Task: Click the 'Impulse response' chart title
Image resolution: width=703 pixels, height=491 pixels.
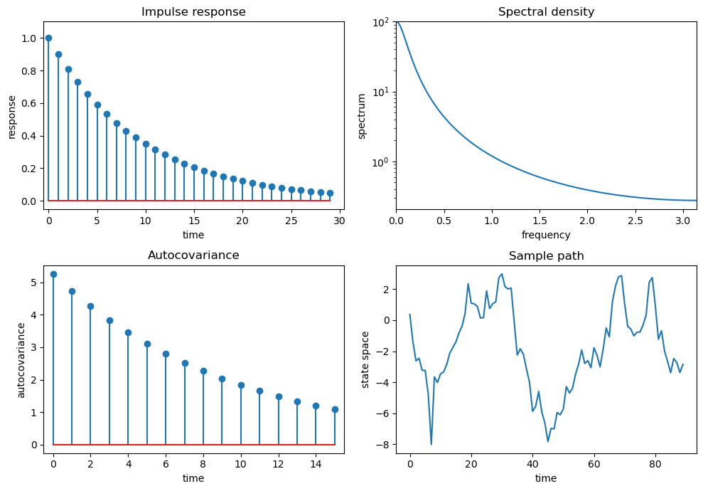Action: pyautogui.click(x=193, y=12)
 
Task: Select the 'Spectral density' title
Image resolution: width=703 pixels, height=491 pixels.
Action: pyautogui.click(x=546, y=12)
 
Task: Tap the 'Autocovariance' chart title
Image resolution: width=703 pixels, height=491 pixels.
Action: pyautogui.click(x=193, y=255)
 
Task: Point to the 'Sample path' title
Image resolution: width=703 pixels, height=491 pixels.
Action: pyautogui.click(x=546, y=256)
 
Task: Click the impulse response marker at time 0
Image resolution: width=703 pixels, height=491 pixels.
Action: pyautogui.click(x=48, y=38)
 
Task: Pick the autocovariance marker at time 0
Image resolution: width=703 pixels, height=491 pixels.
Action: pyautogui.click(x=53, y=274)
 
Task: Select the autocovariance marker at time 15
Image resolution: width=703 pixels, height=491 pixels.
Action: pyautogui.click(x=335, y=409)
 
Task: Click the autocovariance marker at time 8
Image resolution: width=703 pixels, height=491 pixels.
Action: pyautogui.click(x=203, y=371)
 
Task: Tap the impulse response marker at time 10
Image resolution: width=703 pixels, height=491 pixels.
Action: pyautogui.click(x=146, y=144)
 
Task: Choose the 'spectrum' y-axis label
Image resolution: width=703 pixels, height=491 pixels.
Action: pyautogui.click(x=362, y=115)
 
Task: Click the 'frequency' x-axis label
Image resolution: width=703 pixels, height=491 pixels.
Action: pyautogui.click(x=546, y=235)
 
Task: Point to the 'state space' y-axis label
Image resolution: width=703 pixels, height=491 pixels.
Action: pyautogui.click(x=366, y=359)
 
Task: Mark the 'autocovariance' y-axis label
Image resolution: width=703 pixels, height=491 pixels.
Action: pyautogui.click(x=21, y=359)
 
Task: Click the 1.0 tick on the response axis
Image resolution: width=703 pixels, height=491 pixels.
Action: pyautogui.click(x=28, y=38)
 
